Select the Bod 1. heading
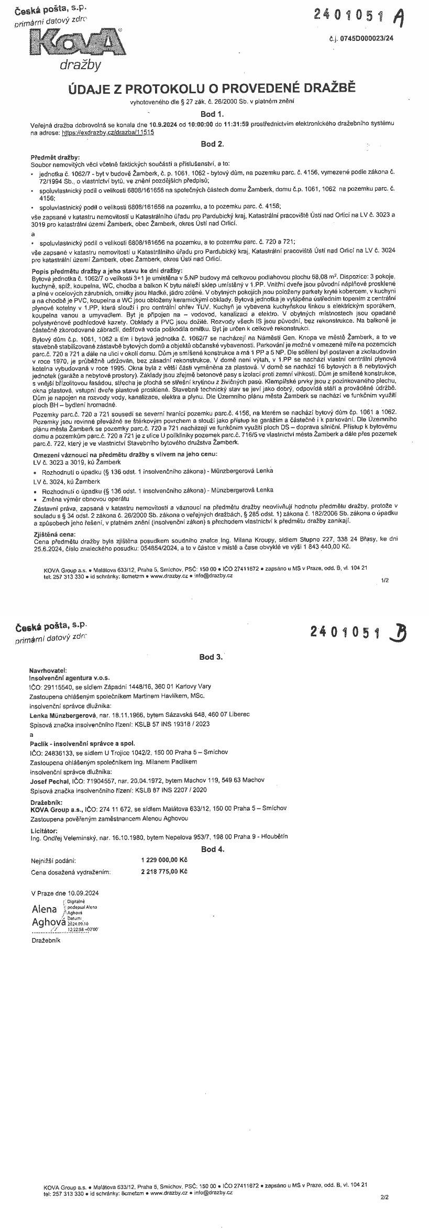point(212,113)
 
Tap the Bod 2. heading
point(212,144)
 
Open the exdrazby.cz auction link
point(107,133)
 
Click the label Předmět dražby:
point(55,157)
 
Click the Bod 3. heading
point(211,657)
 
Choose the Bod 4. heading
point(212,849)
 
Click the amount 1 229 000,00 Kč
point(164,860)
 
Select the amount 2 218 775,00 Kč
point(164,871)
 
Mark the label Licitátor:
point(46,831)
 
